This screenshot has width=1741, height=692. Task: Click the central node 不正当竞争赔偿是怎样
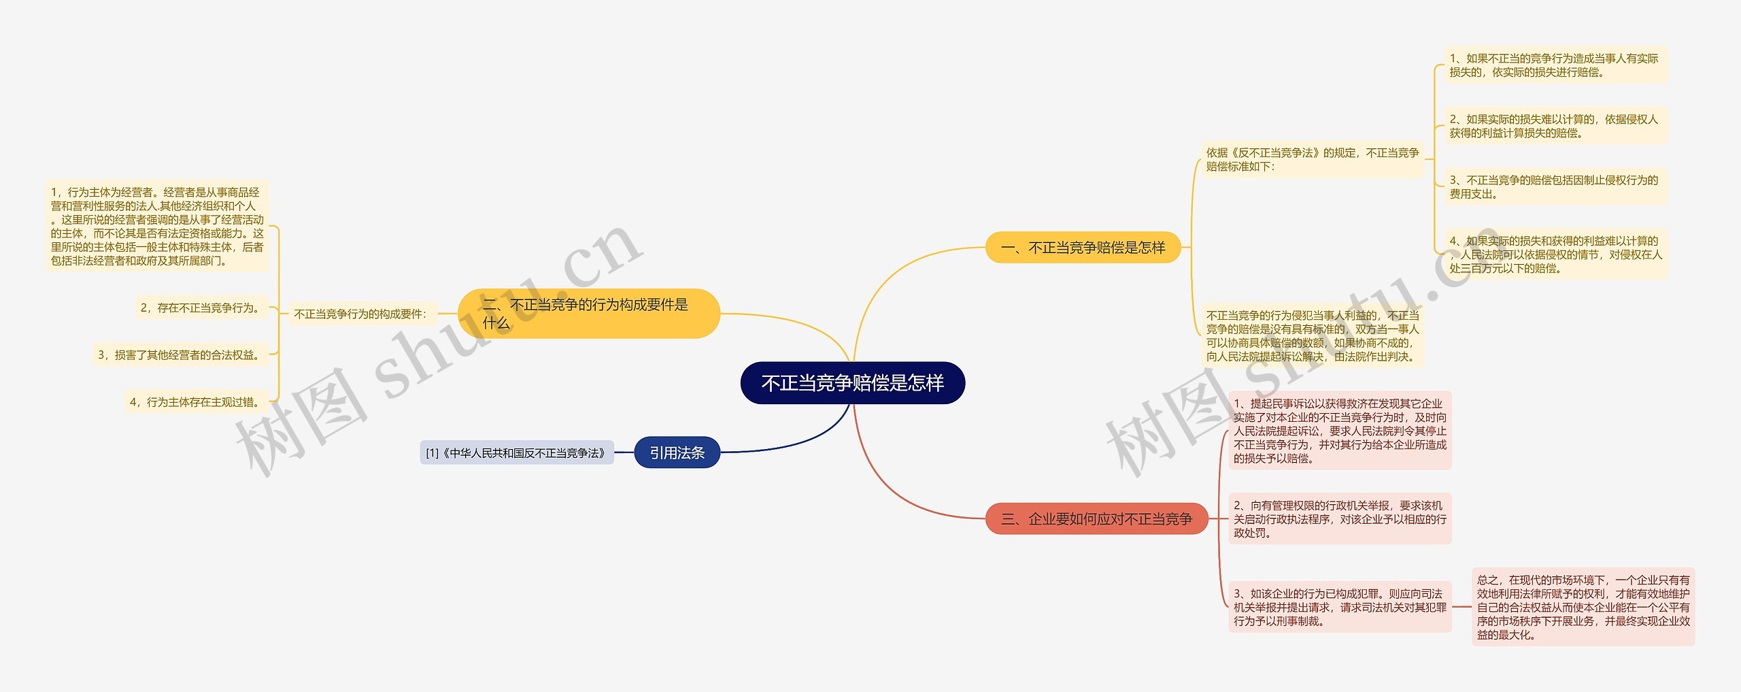[852, 383]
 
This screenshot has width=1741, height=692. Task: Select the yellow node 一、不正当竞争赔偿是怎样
[1083, 248]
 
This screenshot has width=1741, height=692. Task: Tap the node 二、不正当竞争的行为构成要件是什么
[588, 314]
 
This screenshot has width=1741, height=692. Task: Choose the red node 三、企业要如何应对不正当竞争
[1096, 519]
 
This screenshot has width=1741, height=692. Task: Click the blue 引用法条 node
[677, 453]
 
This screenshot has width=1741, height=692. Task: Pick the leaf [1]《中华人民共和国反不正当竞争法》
[516, 453]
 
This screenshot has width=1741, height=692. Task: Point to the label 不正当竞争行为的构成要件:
[360, 314]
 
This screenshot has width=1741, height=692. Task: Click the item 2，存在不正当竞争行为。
[202, 308]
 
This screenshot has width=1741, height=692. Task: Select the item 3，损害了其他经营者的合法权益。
[180, 355]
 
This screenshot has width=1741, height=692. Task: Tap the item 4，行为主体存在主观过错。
[196, 402]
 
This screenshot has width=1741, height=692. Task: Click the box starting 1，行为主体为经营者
[157, 227]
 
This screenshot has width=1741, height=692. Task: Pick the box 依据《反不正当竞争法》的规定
[1312, 160]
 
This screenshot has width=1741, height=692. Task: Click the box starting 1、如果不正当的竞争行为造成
[1554, 65]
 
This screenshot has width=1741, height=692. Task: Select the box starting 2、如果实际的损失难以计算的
[1554, 127]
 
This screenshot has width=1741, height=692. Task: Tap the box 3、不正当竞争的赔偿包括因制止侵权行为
[1554, 187]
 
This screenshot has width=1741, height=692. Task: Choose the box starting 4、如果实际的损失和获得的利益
[1554, 254]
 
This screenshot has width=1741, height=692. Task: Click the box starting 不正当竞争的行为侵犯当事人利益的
[1312, 336]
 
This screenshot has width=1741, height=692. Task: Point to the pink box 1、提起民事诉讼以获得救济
[1339, 431]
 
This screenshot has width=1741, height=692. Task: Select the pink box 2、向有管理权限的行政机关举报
[1339, 519]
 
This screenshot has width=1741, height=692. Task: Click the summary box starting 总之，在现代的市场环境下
[1583, 608]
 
